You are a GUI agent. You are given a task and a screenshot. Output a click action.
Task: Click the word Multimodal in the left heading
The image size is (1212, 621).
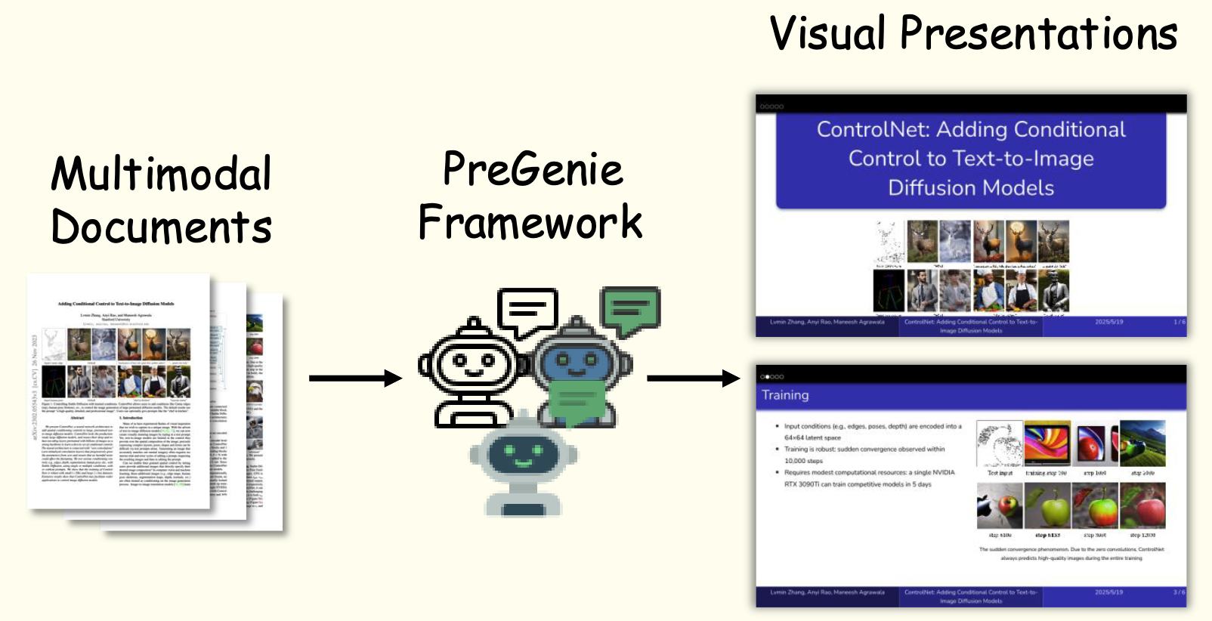click(x=161, y=174)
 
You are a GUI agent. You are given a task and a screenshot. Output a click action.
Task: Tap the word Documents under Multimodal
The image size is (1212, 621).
click(x=161, y=227)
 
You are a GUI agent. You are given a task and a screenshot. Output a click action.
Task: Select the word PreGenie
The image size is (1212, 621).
click(x=533, y=168)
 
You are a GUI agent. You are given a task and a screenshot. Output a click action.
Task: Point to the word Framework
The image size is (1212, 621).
click(x=530, y=222)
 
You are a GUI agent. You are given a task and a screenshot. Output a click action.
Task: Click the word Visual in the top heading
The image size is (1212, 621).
click(x=827, y=34)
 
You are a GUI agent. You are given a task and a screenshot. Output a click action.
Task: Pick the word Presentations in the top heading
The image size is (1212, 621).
click(x=1038, y=34)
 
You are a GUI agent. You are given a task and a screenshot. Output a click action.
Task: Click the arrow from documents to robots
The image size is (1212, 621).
click(x=355, y=378)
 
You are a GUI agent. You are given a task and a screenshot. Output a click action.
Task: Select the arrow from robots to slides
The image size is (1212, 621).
click(x=693, y=378)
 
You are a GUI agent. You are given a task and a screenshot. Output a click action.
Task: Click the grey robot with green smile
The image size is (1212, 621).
click(x=523, y=465)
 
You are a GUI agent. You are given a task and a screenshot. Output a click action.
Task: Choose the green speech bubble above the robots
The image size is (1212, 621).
click(x=630, y=310)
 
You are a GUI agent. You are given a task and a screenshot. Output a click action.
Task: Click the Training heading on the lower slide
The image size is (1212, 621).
click(x=785, y=395)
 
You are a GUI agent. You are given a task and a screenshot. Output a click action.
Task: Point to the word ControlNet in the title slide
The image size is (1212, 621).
click(x=873, y=130)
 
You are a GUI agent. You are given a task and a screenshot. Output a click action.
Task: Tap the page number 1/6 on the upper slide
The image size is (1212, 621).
click(x=1179, y=322)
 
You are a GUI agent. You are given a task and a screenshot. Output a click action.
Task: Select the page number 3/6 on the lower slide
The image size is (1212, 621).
click(x=1179, y=592)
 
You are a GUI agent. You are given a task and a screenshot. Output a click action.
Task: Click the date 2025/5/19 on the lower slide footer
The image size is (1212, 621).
click(x=1108, y=592)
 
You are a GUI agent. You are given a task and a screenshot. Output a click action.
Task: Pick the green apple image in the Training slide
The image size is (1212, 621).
click(x=1047, y=506)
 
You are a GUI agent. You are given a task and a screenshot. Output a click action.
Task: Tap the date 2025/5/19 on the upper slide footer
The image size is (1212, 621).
click(x=1108, y=322)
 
